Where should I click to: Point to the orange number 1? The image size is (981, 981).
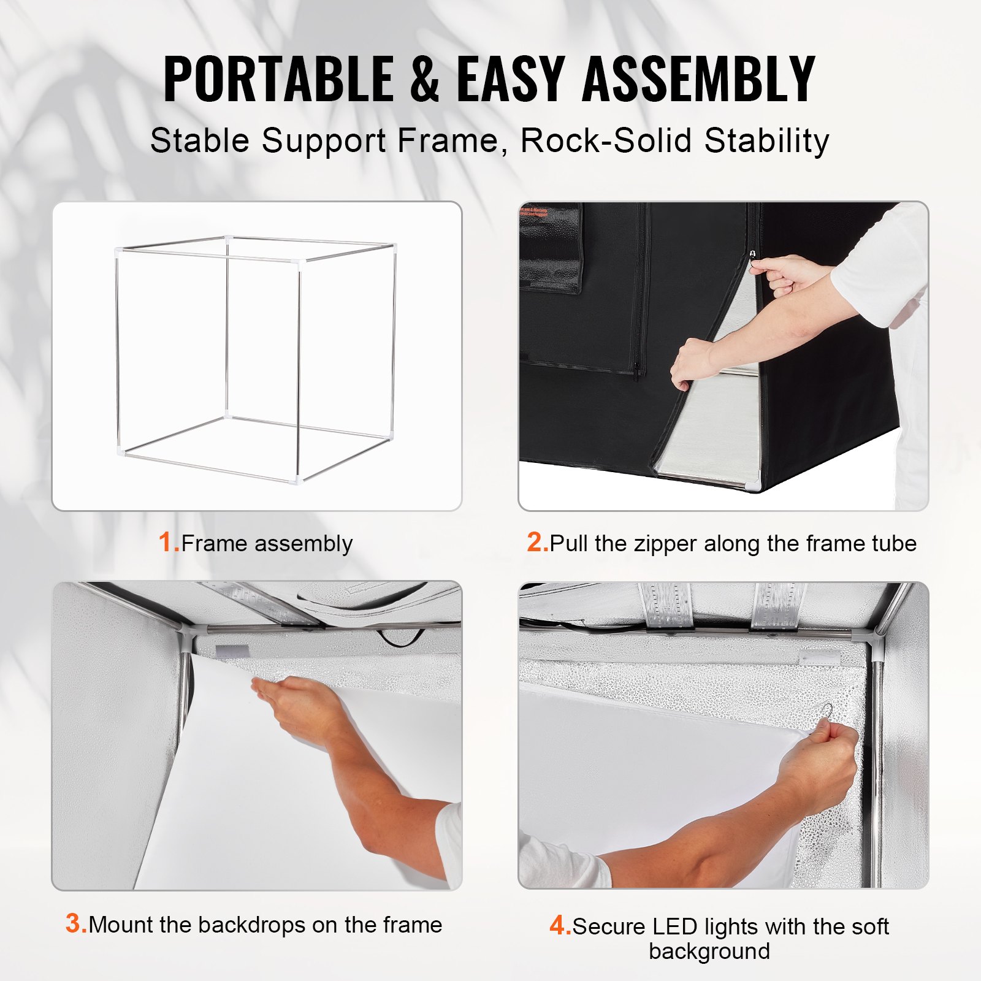pyautogui.click(x=167, y=543)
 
